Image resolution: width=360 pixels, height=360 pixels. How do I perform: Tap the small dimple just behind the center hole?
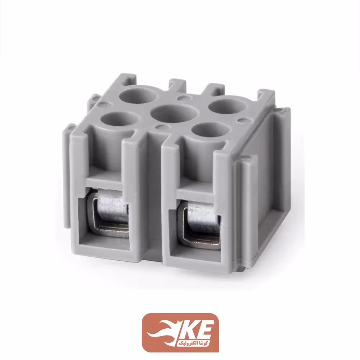point(184,97)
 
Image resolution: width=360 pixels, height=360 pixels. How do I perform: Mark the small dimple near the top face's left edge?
point(103,104)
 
